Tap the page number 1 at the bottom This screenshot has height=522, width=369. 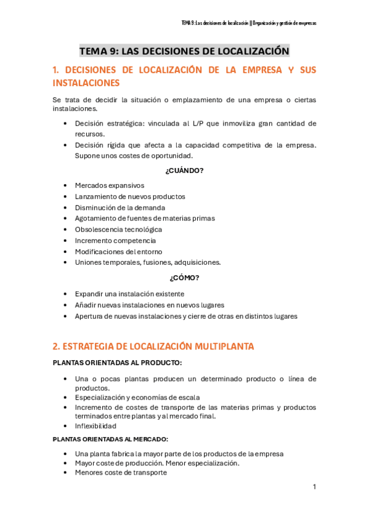pyautogui.click(x=314, y=487)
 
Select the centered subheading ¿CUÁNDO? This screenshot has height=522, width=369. pyautogui.click(x=184, y=171)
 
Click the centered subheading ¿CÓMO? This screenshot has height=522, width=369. pyautogui.click(x=184, y=278)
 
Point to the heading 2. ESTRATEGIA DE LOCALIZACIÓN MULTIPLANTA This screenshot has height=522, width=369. pyautogui.click(x=153, y=347)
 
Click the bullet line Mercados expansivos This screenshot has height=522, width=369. pyautogui.click(x=109, y=185)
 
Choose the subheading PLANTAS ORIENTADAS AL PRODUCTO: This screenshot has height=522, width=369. pyautogui.click(x=117, y=363)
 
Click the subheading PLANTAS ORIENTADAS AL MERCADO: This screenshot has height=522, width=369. pyautogui.click(x=110, y=439)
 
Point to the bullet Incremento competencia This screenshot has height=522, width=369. pyautogui.click(x=115, y=241)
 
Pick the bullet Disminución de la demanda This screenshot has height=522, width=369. pyautogui.click(x=120, y=207)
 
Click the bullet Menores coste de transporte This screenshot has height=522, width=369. pyautogui.click(x=121, y=473)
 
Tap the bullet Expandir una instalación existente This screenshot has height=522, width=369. pyautogui.click(x=129, y=294)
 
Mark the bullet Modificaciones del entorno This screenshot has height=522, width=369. pyautogui.click(x=118, y=252)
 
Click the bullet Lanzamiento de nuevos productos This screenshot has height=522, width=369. pyautogui.click(x=129, y=196)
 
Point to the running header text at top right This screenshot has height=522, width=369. pyautogui.click(x=249, y=23)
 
